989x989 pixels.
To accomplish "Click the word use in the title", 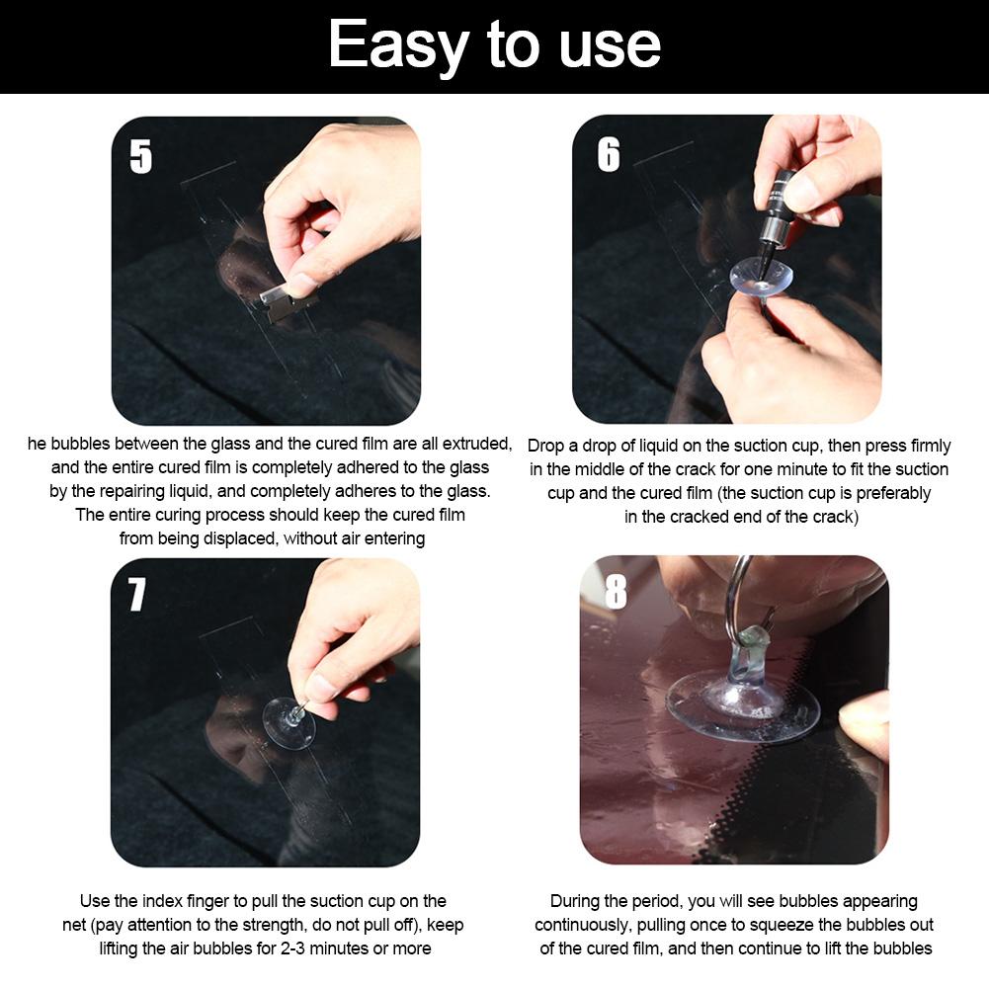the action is pyautogui.click(x=610, y=46).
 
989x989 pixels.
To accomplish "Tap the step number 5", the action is pyautogui.click(x=140, y=156).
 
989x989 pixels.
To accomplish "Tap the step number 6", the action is pyautogui.click(x=609, y=154).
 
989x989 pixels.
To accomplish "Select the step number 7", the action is pyautogui.click(x=137, y=594).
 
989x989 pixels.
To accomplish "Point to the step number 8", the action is pyautogui.click(x=616, y=591).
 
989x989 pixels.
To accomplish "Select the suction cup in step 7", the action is pyautogui.click(x=288, y=722).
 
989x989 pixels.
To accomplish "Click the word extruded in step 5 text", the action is pyautogui.click(x=477, y=444).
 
